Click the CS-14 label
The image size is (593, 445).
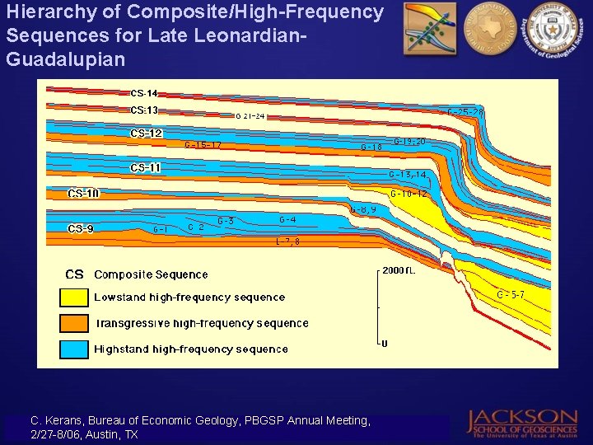point(144,94)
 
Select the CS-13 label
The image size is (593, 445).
point(144,110)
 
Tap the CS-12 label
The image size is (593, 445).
point(146,133)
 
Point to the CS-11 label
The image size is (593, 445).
point(146,168)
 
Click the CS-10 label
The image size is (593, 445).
point(83,194)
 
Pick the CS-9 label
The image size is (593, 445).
point(81,228)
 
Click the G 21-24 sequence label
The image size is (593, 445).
point(250,116)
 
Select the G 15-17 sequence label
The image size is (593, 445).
point(203,145)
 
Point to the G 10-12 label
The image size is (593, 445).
point(409,194)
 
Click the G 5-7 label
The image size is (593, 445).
point(511,294)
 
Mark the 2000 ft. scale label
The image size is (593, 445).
point(398,271)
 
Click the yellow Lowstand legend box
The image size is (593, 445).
point(73,297)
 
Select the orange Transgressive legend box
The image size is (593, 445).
point(73,323)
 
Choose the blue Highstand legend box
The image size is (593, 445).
point(73,349)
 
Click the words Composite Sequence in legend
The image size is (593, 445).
point(151,274)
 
